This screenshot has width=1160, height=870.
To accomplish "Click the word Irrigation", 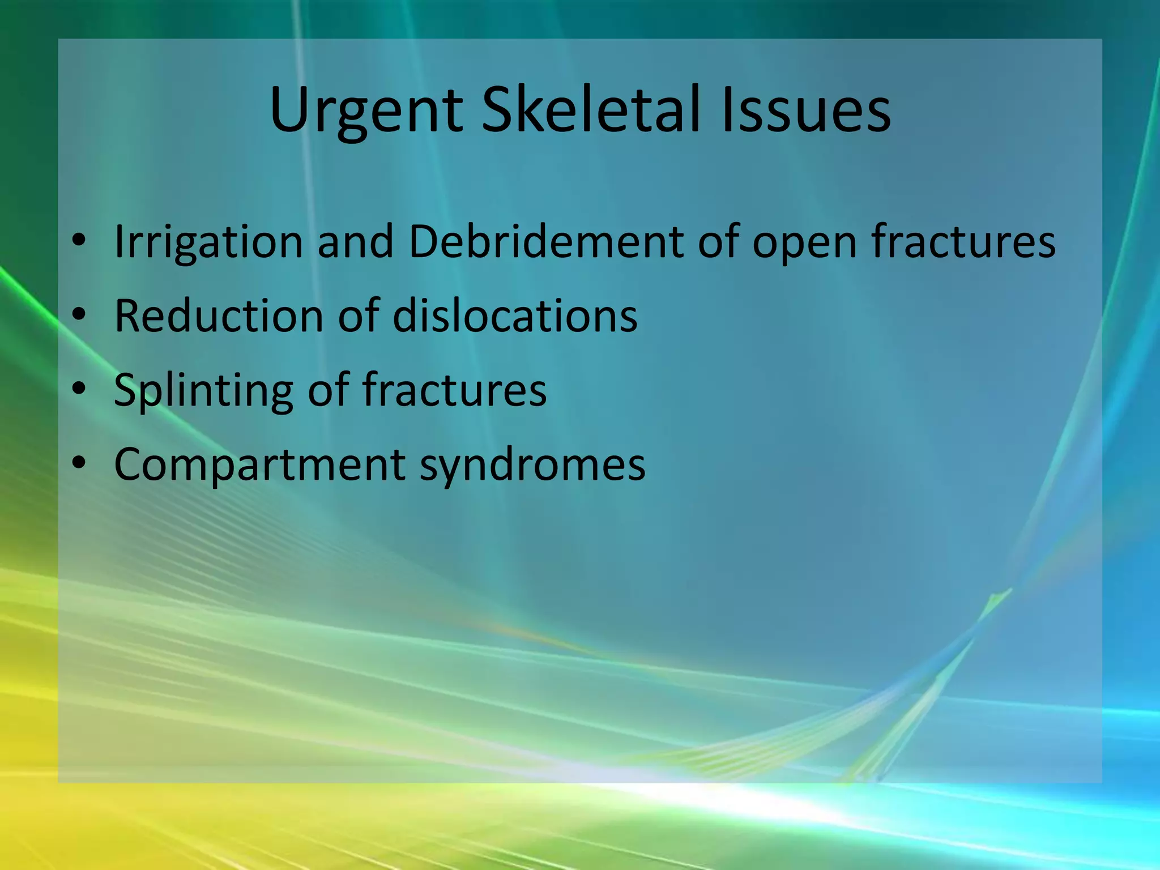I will pyautogui.click(x=208, y=242).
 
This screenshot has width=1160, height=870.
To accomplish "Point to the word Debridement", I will pyautogui.click(x=545, y=241).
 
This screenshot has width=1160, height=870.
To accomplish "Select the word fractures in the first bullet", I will pyautogui.click(x=963, y=241).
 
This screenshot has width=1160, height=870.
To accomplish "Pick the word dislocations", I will pyautogui.click(x=515, y=315).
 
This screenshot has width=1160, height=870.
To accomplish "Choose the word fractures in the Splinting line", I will pyautogui.click(x=454, y=390).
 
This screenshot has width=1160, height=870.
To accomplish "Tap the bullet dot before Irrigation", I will pyautogui.click(x=79, y=240).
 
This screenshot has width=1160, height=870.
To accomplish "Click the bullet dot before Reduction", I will pyautogui.click(x=79, y=314).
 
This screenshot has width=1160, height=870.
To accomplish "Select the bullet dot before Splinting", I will pyautogui.click(x=79, y=388).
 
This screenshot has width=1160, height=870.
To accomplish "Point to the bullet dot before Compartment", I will pyautogui.click(x=79, y=463).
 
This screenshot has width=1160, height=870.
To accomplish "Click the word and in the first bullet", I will pyautogui.click(x=355, y=241).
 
